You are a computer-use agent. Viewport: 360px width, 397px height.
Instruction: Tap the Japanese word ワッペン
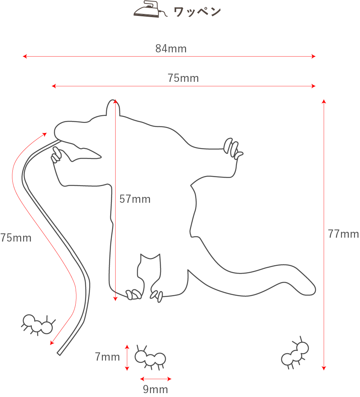197,12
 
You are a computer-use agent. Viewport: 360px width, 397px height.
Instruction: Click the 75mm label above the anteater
183,78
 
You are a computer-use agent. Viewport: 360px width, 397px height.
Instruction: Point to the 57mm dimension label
135,199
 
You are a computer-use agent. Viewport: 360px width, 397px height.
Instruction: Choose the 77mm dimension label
343,234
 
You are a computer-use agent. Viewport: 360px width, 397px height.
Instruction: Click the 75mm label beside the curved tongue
16,238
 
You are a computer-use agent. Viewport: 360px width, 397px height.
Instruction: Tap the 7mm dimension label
107,357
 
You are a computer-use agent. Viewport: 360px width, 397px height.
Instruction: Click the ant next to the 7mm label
150,357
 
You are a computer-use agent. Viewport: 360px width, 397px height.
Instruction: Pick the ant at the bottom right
295,354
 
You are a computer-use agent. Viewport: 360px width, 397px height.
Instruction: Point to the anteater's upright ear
113,107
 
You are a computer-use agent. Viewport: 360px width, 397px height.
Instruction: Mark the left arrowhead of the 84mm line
24,56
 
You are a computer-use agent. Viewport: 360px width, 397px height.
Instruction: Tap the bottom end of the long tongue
59,353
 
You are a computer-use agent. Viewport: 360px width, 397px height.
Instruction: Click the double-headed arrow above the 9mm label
156,379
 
